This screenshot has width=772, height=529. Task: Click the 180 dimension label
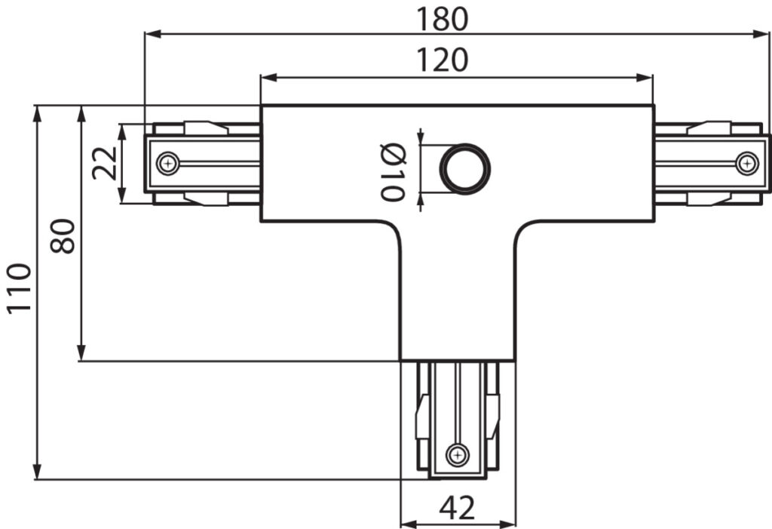[442, 19]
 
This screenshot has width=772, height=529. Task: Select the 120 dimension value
[442, 60]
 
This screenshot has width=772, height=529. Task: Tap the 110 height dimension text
[19, 288]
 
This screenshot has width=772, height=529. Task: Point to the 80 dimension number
[63, 235]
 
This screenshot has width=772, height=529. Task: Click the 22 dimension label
[105, 163]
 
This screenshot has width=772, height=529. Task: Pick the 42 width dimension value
[457, 508]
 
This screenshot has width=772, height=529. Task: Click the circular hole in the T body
[464, 168]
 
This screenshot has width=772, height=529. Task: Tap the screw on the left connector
[168, 163]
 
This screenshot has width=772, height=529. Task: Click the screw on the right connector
[747, 163]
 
